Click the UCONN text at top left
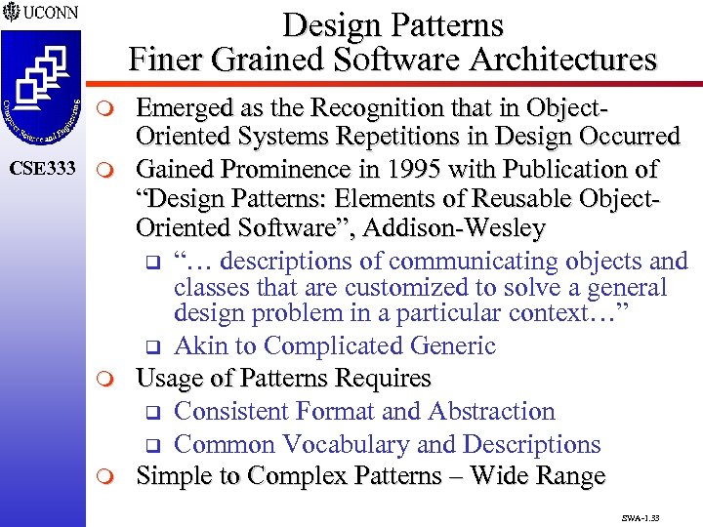click(x=47, y=15)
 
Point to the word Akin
click(x=201, y=346)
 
